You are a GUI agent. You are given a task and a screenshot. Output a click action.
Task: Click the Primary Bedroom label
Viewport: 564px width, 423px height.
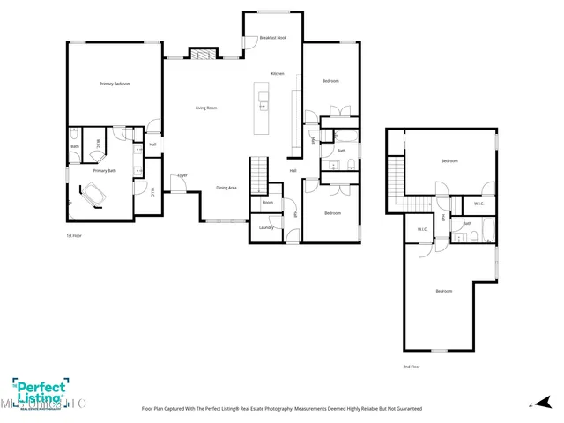[115, 84]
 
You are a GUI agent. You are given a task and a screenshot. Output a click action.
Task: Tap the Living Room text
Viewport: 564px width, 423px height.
[206, 108]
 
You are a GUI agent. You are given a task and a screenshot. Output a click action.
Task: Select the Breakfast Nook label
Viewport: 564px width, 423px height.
[272, 38]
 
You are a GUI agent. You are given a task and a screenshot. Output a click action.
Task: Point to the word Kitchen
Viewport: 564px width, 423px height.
[277, 73]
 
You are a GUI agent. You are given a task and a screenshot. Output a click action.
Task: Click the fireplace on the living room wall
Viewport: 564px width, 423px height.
[204, 54]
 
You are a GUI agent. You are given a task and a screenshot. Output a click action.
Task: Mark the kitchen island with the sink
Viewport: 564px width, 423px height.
[262, 108]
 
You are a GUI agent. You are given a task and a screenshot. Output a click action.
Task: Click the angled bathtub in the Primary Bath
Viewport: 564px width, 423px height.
[92, 194]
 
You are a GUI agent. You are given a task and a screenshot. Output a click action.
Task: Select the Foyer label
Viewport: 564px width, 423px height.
[182, 175]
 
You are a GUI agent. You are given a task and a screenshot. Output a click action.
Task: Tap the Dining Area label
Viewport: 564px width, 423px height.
[226, 188]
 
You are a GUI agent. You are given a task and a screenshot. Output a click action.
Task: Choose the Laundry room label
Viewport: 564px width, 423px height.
[264, 227]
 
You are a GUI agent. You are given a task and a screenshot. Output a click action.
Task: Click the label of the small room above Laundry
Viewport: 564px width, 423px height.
[267, 203]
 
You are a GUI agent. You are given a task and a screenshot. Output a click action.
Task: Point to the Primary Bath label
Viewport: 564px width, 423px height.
[105, 170]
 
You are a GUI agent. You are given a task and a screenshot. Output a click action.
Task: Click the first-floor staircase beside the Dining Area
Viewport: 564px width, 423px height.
[259, 174]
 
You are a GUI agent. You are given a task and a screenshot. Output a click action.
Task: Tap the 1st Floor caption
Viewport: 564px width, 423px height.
[74, 236]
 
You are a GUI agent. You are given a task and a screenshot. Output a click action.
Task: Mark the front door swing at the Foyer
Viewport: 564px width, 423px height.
[179, 186]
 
